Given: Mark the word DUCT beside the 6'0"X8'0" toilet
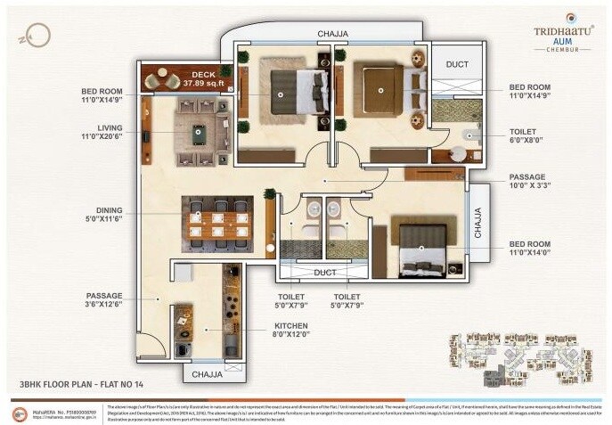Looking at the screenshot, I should [x=456, y=64].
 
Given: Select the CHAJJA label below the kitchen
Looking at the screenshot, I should [x=207, y=375].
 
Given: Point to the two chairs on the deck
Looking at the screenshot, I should [x=161, y=78].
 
